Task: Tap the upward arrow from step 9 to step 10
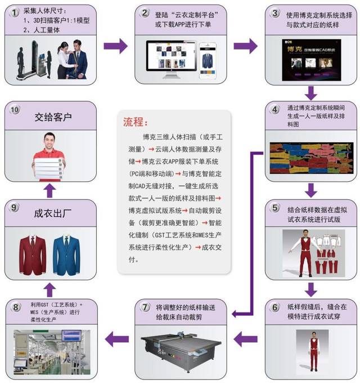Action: pos(49,191)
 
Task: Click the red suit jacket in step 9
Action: pos(33,253)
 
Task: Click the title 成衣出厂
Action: pos(53,215)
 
